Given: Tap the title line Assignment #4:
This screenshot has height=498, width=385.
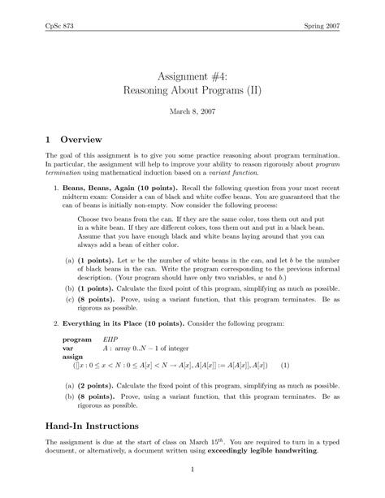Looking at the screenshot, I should [x=192, y=69].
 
